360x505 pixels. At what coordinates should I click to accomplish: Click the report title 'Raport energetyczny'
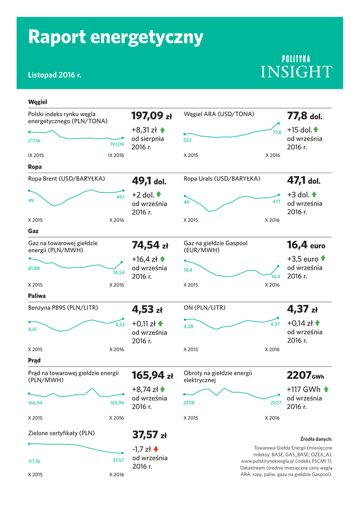[x=115, y=37]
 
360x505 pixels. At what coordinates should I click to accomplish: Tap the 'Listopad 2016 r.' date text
[x=54, y=75]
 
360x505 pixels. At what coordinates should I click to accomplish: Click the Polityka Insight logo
[x=296, y=67]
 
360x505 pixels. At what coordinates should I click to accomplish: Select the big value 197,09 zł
[x=151, y=116]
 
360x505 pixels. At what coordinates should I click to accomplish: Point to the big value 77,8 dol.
[x=304, y=116]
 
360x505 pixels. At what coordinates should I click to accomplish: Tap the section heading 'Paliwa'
[x=36, y=296]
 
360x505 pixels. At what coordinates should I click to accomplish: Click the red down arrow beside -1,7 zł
[x=156, y=449]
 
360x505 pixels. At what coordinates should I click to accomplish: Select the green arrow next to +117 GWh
[x=325, y=389]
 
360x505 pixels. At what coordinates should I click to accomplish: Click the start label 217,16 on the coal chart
[x=34, y=141]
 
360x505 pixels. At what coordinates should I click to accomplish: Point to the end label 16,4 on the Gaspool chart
[x=275, y=277]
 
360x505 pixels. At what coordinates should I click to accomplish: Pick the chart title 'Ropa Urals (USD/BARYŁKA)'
[x=221, y=179]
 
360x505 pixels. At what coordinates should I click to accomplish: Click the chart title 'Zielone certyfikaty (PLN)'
[x=61, y=433]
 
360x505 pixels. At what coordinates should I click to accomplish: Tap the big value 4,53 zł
[x=147, y=310]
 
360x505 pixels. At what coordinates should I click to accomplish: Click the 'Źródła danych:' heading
[x=316, y=439]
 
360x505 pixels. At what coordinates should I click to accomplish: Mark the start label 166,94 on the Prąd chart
[x=35, y=403]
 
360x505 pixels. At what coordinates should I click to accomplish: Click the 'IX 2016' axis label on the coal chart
[x=116, y=155]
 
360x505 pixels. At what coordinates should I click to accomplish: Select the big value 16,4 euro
[x=306, y=245]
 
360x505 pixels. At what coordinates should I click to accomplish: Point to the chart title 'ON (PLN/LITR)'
[x=204, y=308]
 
